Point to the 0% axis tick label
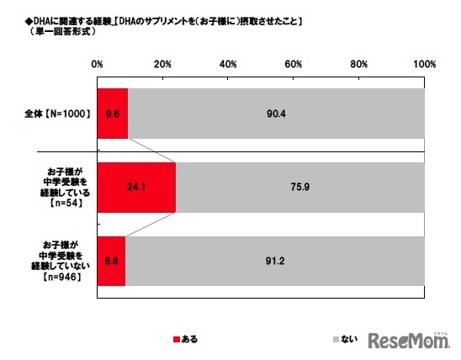tap(98, 64)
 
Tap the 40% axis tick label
tap(228, 64)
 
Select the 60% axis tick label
tap(294, 64)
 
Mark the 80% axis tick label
tap(359, 64)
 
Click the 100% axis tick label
tap(423, 64)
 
